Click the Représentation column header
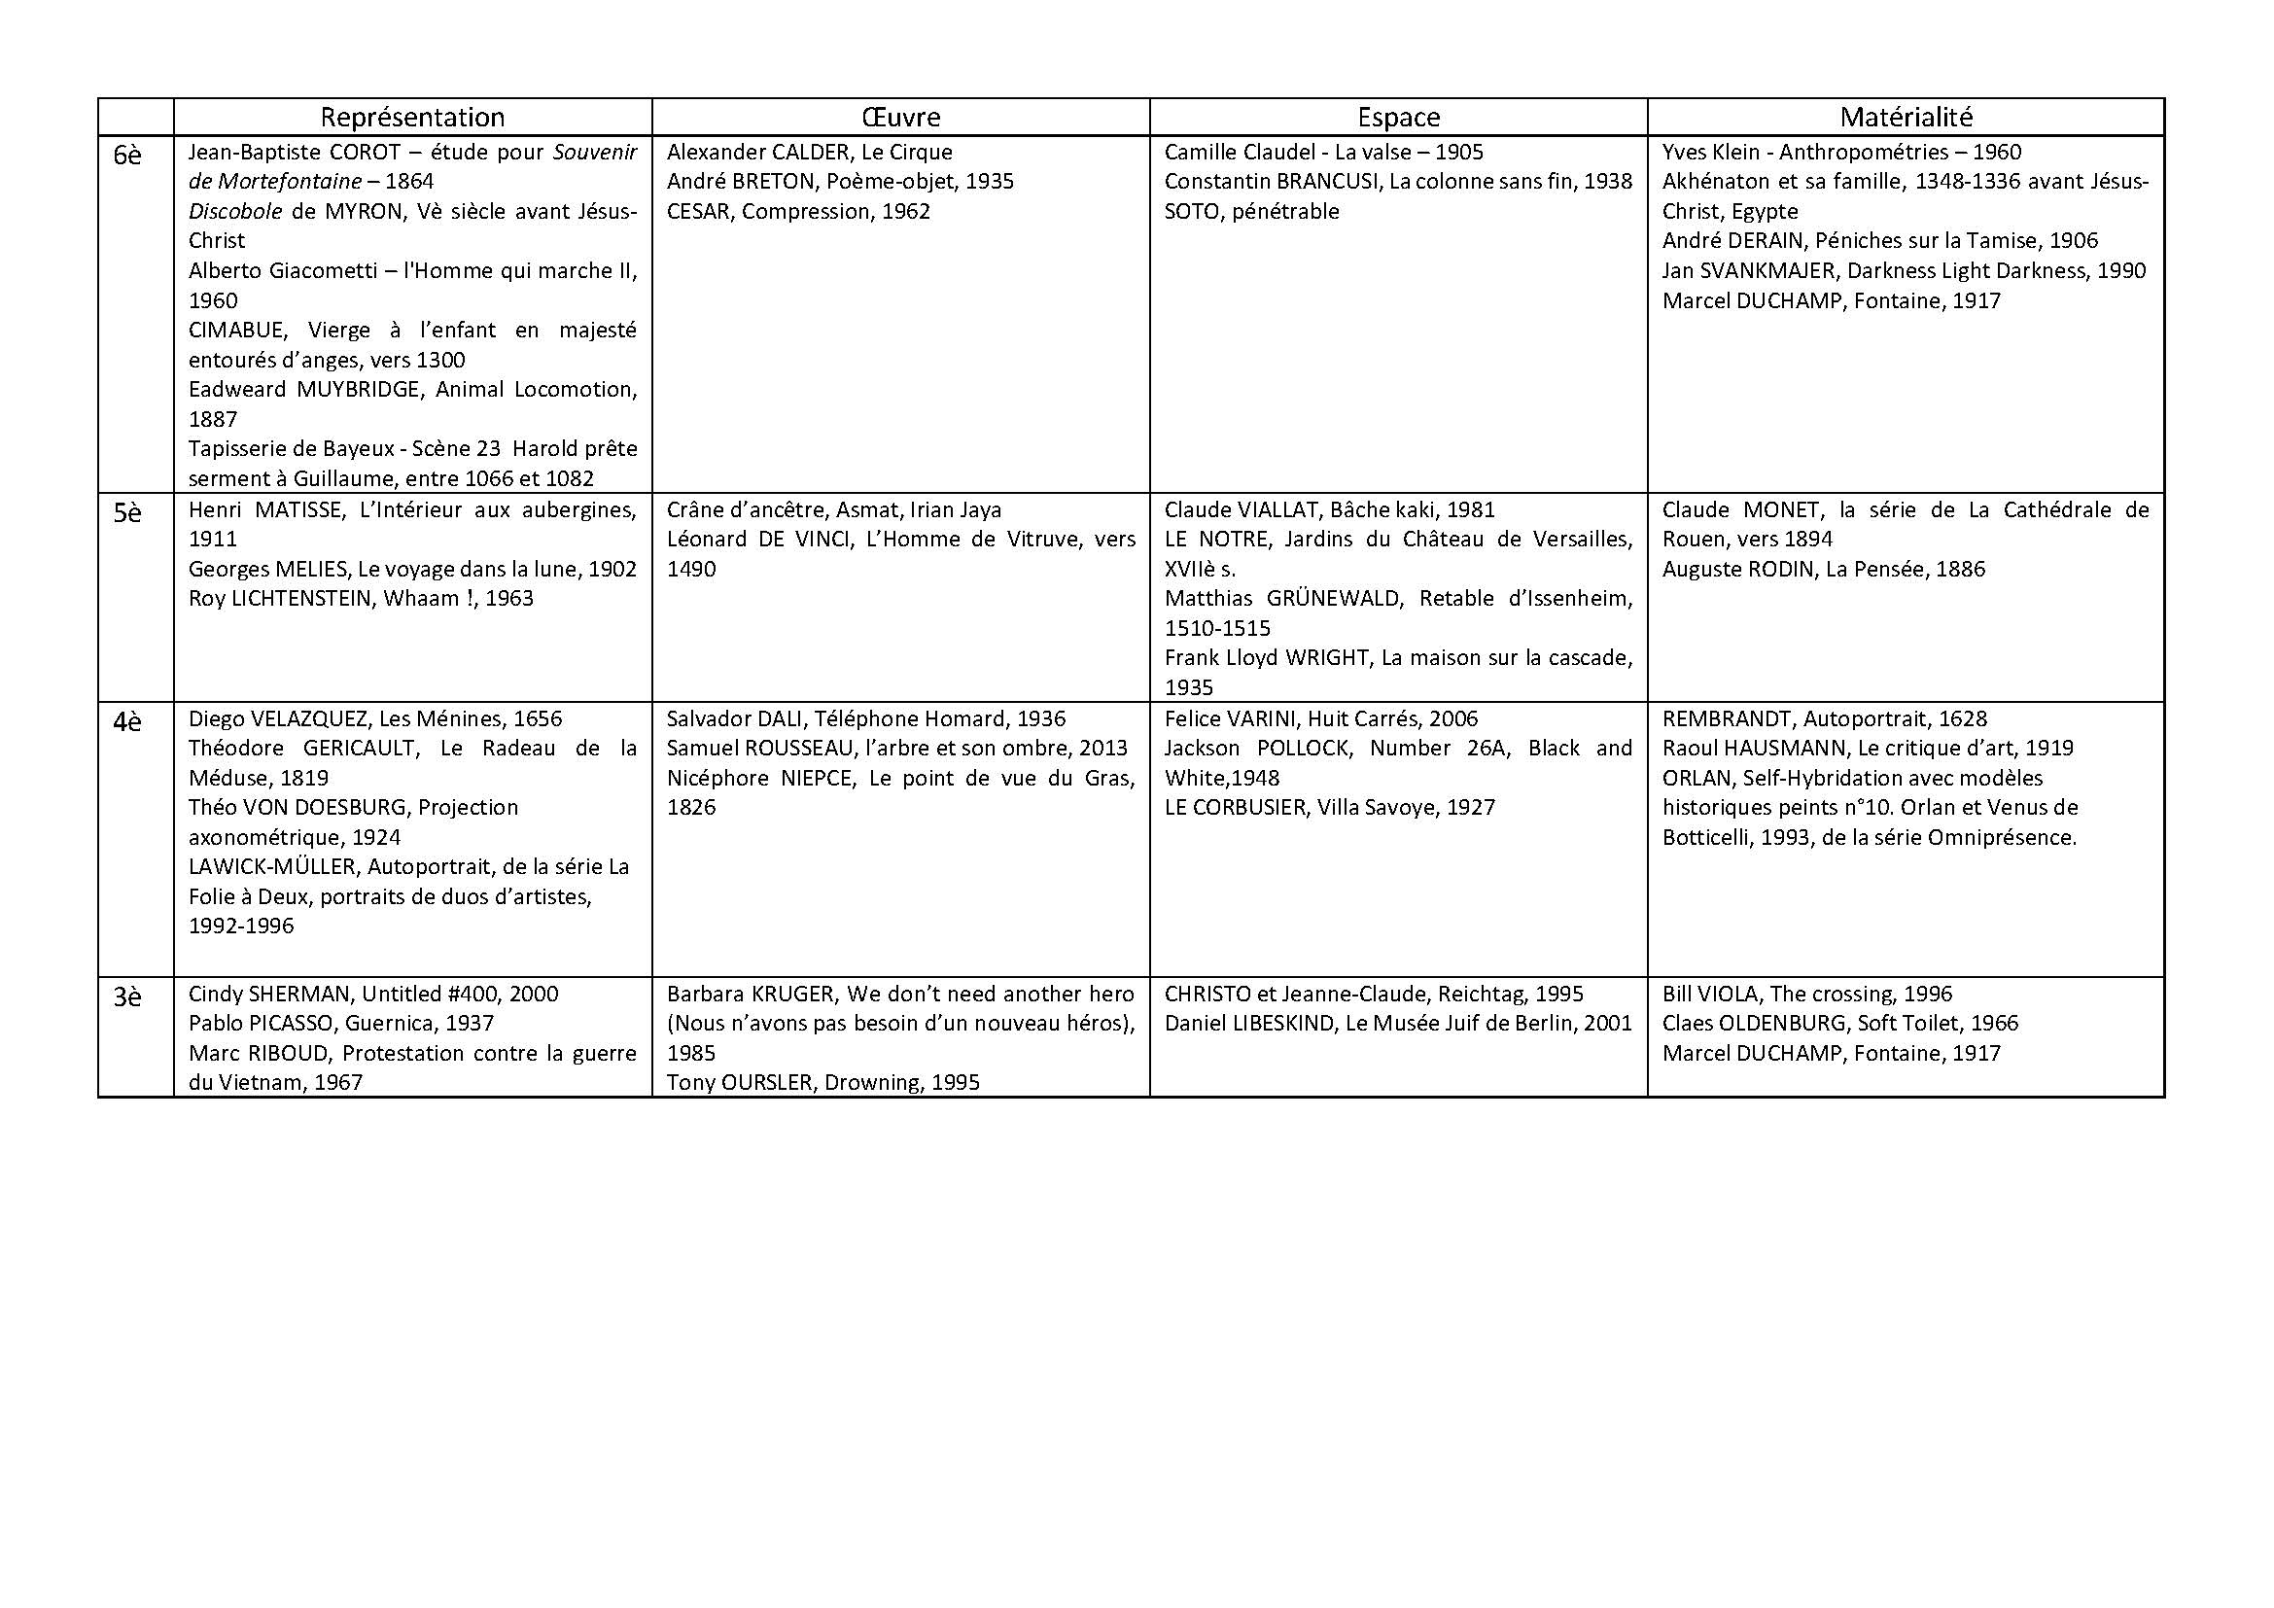(412, 118)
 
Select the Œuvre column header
(900, 118)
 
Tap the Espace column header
(1397, 118)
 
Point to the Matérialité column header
(1906, 118)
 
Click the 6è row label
(127, 156)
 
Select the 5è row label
(127, 513)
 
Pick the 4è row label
(127, 721)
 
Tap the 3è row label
(127, 997)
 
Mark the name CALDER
(807, 152)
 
